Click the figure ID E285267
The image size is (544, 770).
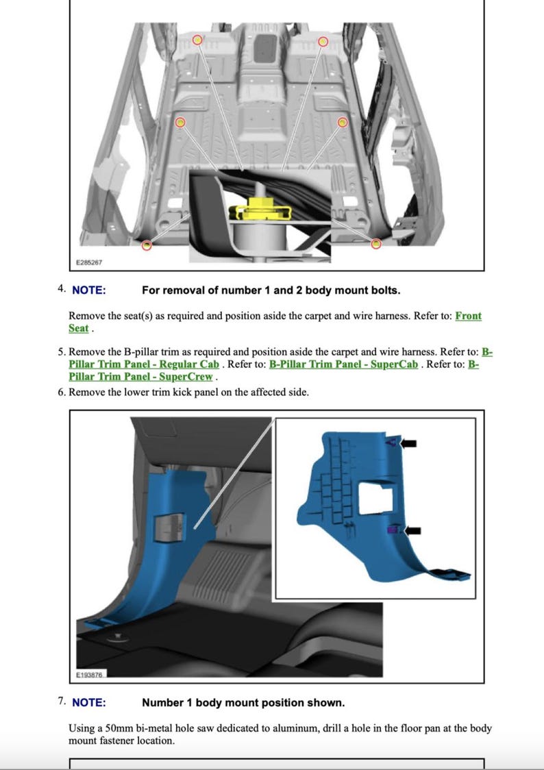[89, 262]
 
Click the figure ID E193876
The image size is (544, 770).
[89, 675]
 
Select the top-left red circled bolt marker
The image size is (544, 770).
[197, 40]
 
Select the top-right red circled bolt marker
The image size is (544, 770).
[323, 41]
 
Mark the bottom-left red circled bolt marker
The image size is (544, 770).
[147, 245]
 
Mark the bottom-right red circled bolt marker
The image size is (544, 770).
[375, 244]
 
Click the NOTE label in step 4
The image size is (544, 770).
[88, 290]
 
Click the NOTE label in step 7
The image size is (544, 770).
[88, 702]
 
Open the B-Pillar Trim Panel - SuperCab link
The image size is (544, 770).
[343, 364]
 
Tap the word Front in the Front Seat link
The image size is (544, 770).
[468, 316]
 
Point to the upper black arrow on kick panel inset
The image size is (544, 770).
[408, 443]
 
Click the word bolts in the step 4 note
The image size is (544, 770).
[385, 290]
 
